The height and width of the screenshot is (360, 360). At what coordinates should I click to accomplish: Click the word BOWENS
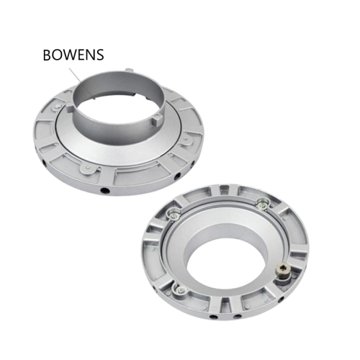[x=73, y=55]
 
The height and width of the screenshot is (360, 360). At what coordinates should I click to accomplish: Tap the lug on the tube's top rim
[x=129, y=71]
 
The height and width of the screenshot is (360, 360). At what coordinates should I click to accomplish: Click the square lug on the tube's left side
[x=68, y=106]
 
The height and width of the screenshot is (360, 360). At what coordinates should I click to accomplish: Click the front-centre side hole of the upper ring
[x=105, y=191]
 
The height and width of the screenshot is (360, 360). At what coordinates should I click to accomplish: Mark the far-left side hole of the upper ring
[x=45, y=164]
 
